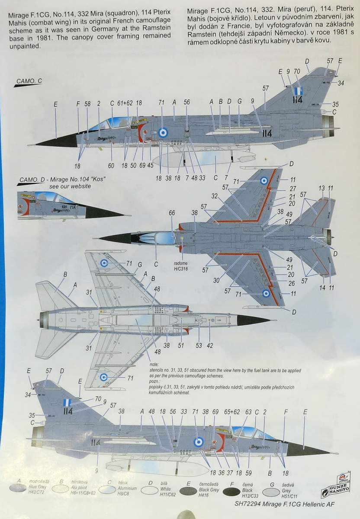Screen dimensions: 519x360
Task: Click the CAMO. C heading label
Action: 29,81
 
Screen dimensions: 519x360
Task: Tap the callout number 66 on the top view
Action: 172,213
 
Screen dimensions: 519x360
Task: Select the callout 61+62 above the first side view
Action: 125,103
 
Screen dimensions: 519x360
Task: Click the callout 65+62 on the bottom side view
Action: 232,412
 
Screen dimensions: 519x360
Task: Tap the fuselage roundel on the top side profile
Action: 163,133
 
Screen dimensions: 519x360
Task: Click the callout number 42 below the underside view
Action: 210,346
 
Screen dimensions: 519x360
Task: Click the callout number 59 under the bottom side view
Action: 248,473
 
